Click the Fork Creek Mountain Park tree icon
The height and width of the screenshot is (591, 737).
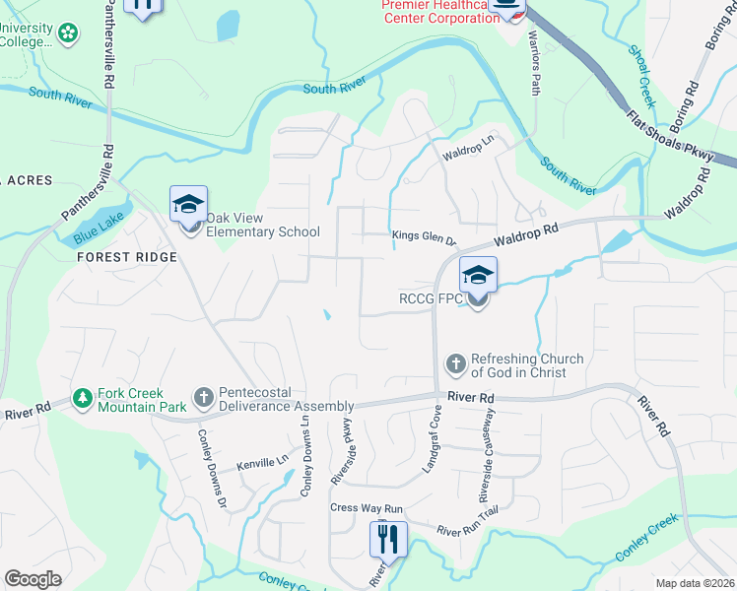coord(82,399)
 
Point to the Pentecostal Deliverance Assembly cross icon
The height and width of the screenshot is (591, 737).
coord(204,398)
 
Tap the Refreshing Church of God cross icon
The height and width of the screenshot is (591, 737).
coord(455,364)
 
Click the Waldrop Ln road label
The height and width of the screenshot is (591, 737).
coord(466,151)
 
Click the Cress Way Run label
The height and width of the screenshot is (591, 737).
coord(368,508)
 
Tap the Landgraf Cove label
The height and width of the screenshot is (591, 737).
coord(432,450)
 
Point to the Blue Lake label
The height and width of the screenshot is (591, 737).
coord(94,232)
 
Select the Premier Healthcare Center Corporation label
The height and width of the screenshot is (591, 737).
coord(438,12)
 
